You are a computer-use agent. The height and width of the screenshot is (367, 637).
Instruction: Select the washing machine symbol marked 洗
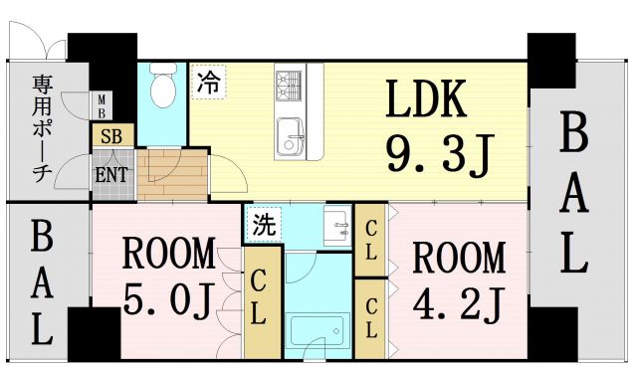coord(264,221)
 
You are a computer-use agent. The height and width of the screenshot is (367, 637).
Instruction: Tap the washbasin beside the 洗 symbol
coord(336,227)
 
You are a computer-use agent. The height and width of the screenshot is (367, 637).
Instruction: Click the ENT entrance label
coord(109,174)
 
